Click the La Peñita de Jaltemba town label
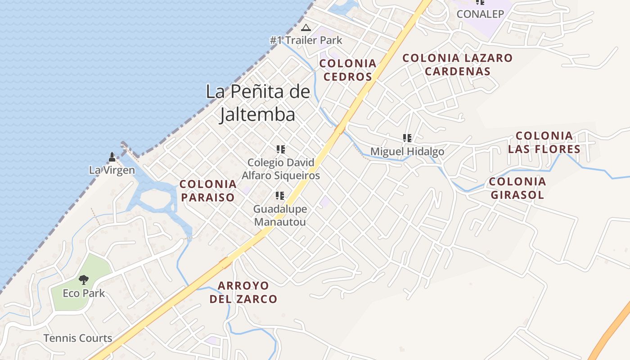click(258, 103)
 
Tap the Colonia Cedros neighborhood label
click(348, 70)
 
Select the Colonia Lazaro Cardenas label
click(457, 64)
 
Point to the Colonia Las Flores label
click(544, 142)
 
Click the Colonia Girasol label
click(517, 188)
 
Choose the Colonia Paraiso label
click(208, 190)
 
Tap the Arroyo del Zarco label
click(243, 292)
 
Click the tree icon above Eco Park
click(84, 280)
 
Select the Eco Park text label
click(84, 293)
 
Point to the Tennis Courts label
click(78, 338)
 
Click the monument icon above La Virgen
click(112, 157)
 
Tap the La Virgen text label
click(112, 170)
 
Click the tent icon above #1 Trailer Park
click(306, 28)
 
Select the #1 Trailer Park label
click(306, 40)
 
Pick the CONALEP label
click(480, 14)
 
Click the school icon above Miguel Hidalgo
click(407, 138)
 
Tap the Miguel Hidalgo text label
click(407, 152)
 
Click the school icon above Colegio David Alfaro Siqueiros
click(281, 149)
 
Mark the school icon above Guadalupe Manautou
click(280, 196)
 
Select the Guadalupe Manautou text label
click(280, 215)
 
